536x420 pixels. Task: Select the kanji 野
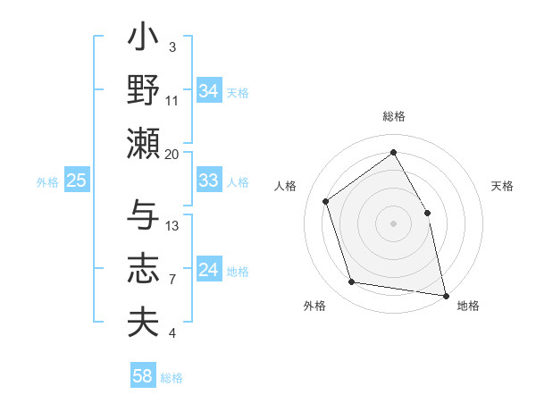[x=144, y=90]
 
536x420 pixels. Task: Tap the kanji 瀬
[x=144, y=143]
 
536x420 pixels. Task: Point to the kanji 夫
[x=144, y=322]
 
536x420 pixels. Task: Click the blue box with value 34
[x=208, y=91]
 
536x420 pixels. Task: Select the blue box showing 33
[x=208, y=181]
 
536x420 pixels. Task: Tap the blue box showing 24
[x=208, y=270]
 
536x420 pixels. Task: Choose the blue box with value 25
[x=76, y=181]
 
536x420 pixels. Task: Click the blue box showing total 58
[x=142, y=376]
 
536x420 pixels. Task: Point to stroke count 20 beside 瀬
[x=172, y=154]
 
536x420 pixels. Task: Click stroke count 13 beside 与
[x=172, y=225]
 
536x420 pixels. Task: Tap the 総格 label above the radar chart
[x=393, y=116]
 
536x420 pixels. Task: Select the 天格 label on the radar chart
[x=502, y=186]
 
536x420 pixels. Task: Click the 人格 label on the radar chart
[x=286, y=186]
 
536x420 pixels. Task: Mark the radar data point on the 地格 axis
[x=445, y=295]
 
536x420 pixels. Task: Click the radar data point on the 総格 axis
[x=393, y=152]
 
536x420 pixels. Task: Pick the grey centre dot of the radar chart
[x=393, y=223]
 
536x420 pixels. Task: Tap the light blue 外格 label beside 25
[x=47, y=181]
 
